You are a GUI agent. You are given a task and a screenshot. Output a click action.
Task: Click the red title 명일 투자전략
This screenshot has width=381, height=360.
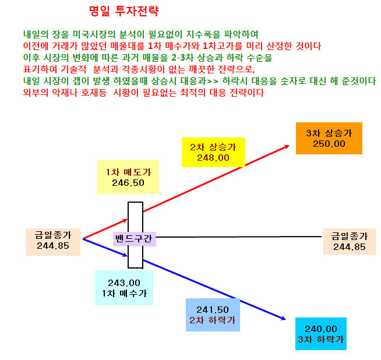click(124, 11)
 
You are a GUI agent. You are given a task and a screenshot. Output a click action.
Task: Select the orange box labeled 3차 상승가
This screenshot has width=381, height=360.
click(329, 138)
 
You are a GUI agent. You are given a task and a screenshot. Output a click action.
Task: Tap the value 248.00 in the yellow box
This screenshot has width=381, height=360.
click(213, 158)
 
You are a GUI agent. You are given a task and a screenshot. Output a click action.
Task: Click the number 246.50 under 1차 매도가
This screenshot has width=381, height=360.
click(128, 183)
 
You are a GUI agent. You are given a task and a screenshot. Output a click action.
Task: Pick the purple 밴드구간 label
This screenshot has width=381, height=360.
click(135, 239)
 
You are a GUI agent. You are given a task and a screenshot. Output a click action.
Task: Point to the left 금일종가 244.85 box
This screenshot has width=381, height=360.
click(53, 242)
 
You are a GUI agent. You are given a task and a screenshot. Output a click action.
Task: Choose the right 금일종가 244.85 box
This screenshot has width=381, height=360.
click(350, 242)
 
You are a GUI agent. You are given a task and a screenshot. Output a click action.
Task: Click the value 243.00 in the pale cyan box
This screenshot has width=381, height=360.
click(124, 283)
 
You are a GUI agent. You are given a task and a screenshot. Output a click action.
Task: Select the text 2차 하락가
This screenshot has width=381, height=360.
click(213, 320)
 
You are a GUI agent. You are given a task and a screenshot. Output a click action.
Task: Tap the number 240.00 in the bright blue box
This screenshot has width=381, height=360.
click(321, 329)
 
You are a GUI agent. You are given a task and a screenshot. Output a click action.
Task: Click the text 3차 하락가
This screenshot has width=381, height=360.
click(321, 340)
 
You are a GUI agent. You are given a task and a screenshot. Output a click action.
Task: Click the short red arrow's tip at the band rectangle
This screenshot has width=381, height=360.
click(128, 220)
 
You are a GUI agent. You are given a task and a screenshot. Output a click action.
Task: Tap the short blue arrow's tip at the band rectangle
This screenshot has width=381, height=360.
click(128, 256)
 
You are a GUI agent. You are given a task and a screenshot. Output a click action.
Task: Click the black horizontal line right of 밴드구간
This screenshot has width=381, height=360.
click(239, 237)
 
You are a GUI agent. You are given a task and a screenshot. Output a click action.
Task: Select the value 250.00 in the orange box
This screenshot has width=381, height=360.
click(329, 144)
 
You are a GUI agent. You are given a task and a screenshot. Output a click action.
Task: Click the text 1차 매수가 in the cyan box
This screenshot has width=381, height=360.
click(124, 294)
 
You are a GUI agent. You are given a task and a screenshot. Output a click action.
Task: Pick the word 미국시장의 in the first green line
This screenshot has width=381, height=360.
click(94, 34)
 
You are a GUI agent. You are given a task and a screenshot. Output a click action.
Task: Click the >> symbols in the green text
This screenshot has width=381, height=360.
click(213, 81)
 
